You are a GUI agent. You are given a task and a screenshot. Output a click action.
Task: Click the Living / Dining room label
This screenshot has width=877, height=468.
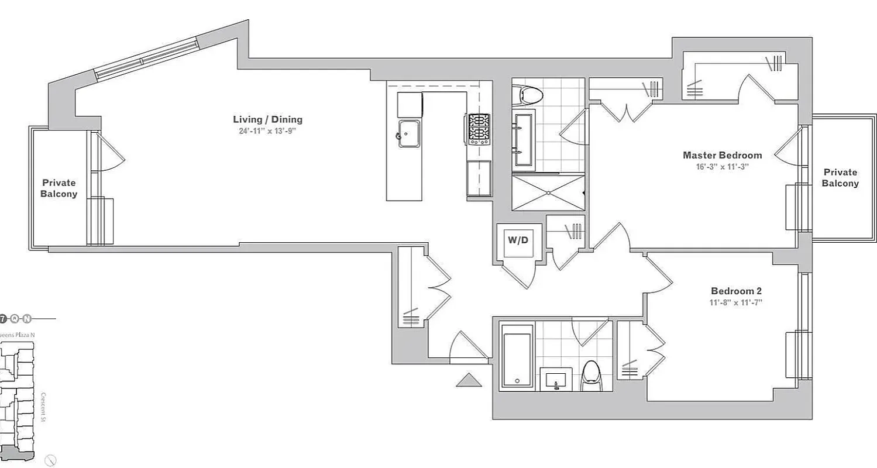coord(267,120)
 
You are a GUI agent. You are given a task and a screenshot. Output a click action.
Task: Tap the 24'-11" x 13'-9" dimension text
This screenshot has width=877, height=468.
coord(267,131)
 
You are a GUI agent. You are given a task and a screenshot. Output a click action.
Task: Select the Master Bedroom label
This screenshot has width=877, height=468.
coord(722,155)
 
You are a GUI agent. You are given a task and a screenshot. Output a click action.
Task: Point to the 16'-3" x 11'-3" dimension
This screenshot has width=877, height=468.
coord(722,166)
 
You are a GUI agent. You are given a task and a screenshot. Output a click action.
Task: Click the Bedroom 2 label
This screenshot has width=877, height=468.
coord(735,291)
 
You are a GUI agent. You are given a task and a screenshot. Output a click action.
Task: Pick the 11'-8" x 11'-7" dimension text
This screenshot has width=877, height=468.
coord(735,302)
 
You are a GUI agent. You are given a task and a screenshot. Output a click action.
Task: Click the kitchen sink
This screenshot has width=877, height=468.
coord(410,134)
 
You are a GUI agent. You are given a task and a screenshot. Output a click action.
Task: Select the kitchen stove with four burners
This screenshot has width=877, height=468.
coord(479,129)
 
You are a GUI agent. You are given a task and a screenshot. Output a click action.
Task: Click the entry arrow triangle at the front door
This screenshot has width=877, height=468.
coord(469,380)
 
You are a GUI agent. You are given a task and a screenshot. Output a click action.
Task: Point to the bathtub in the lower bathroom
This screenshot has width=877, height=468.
coord(517,357)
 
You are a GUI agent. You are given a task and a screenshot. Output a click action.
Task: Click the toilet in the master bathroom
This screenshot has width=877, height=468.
coord(527,94)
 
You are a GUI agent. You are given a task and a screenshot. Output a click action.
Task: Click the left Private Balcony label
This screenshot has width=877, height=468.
coord(59,188)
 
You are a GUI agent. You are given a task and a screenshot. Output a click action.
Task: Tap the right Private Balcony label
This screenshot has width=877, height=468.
coord(840,178)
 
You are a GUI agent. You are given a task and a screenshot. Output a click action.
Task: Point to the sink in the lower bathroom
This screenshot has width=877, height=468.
coord(556,378)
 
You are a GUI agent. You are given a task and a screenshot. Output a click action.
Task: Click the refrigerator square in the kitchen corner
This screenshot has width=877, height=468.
coord(410,104)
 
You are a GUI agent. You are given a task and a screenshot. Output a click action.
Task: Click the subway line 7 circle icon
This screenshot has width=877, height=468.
coord(4,319)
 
